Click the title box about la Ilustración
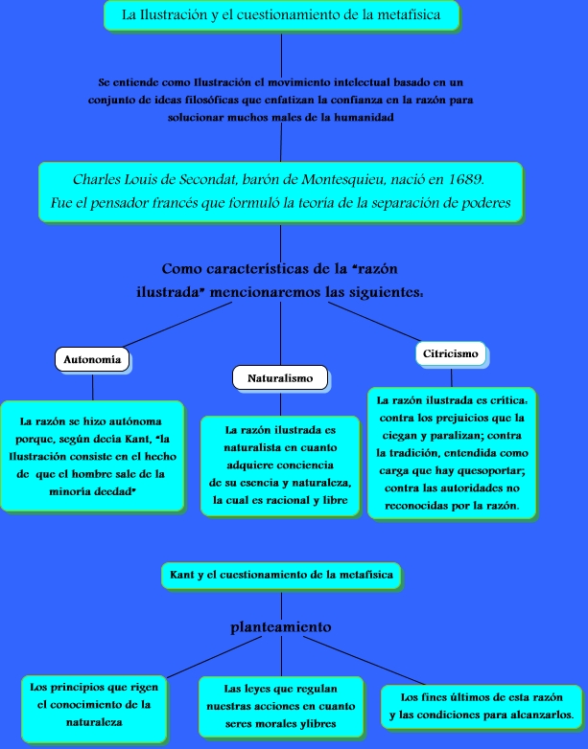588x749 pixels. click(x=280, y=16)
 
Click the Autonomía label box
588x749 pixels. click(x=92, y=360)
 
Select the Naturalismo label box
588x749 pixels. click(x=280, y=378)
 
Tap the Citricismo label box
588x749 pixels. click(x=450, y=354)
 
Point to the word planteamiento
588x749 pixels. click(x=281, y=627)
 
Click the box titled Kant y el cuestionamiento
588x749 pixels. click(x=280, y=575)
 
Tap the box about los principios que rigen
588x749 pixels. click(x=94, y=705)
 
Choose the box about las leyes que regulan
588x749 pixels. click(x=281, y=706)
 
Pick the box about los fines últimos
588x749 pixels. click(x=482, y=706)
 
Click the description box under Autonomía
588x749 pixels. click(x=92, y=456)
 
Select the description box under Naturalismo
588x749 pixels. click(x=280, y=465)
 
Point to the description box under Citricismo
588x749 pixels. click(x=451, y=452)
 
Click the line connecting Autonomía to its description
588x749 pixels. click(x=92, y=386)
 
